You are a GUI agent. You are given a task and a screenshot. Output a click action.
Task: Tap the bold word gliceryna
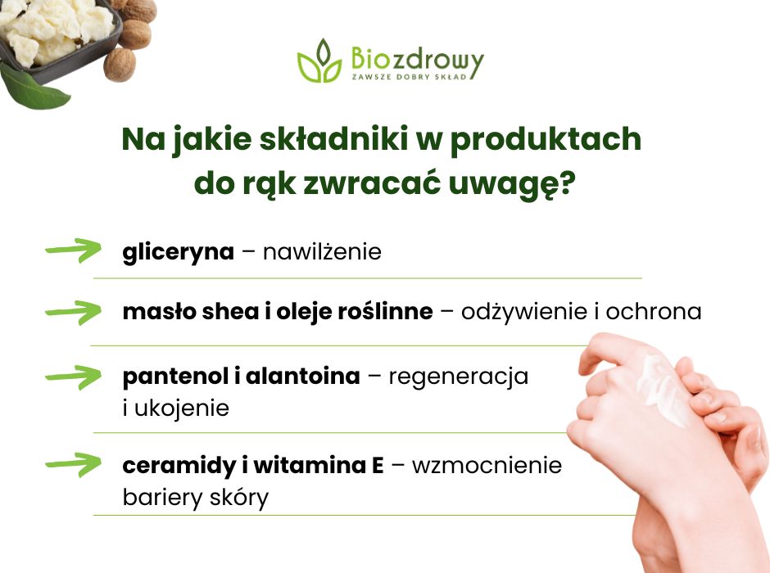tap(178, 251)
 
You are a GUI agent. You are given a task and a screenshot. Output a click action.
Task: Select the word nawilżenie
tap(322, 251)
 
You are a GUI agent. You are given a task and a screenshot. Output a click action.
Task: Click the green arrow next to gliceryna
tap(73, 250)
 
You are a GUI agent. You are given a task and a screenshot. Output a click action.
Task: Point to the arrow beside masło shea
tap(73, 311)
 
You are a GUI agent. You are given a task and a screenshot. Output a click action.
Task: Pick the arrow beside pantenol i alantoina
tap(73, 377)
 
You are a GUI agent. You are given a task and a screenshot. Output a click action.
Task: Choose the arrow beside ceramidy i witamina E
tap(73, 464)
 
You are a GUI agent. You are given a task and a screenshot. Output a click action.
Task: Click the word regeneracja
tap(458, 377)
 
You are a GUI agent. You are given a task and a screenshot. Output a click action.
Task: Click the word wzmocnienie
tap(487, 466)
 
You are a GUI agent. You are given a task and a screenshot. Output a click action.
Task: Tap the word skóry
tap(239, 497)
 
